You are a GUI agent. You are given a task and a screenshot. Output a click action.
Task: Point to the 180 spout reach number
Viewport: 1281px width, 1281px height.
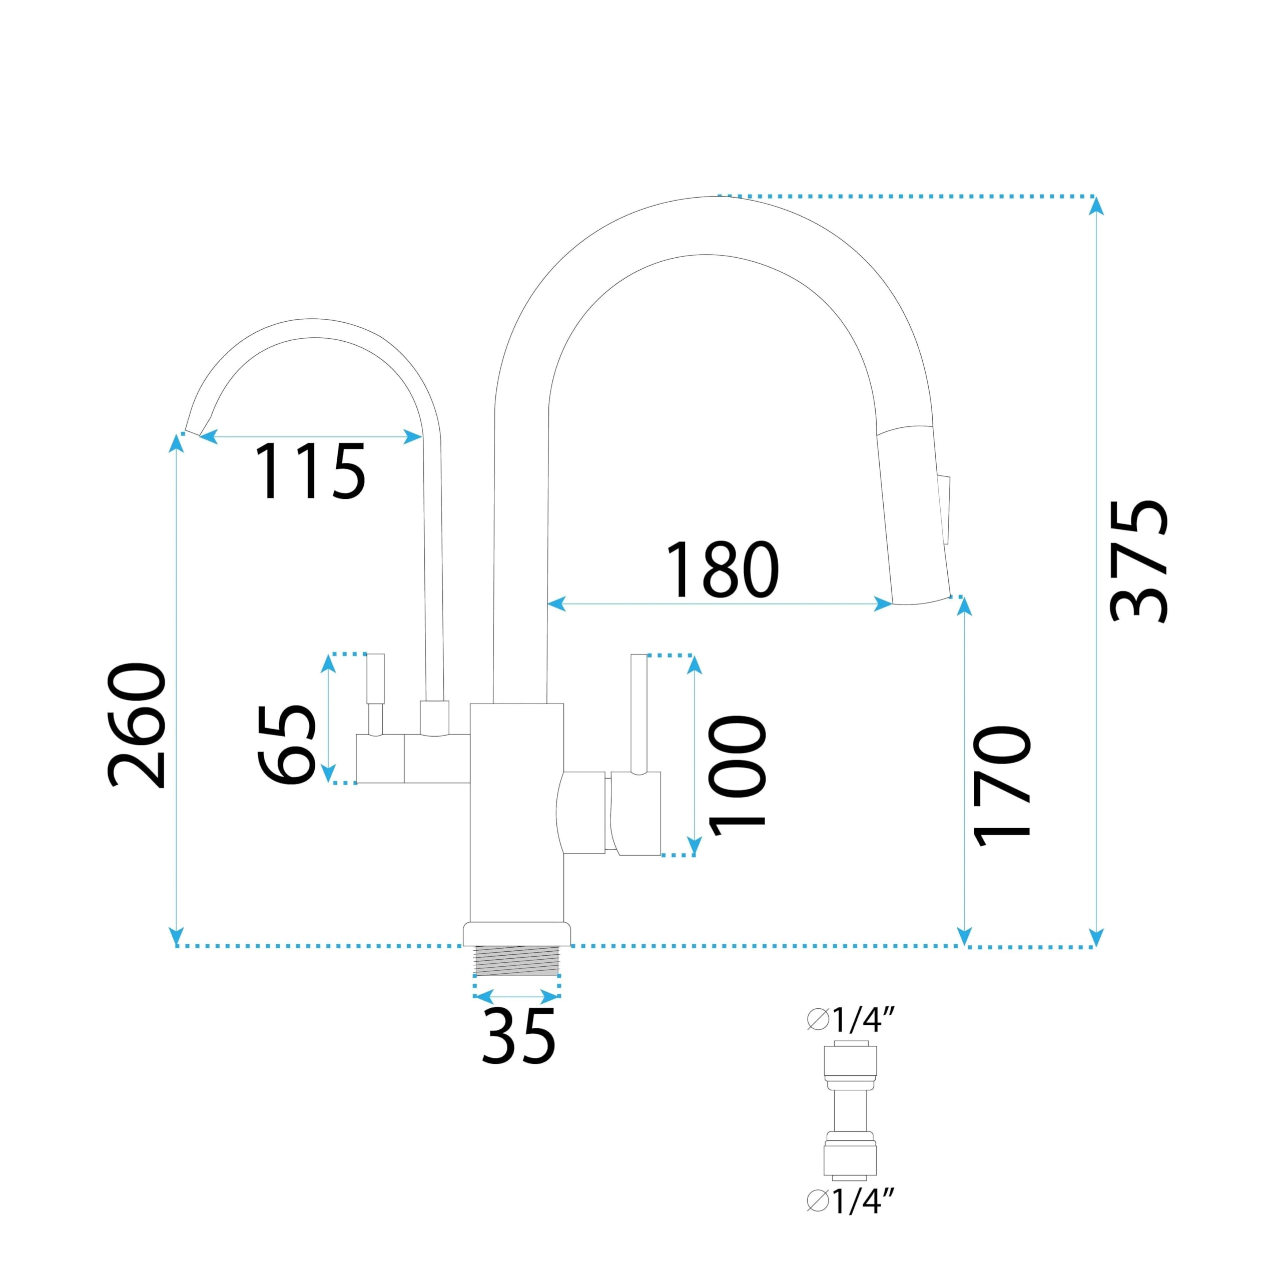tap(722, 569)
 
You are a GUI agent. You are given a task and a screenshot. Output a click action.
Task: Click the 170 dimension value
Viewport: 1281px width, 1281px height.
tap(1002, 786)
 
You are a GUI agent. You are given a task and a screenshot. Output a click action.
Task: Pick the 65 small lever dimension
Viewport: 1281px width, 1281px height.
tap(286, 744)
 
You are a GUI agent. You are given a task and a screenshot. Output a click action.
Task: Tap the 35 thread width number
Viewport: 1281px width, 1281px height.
tap(518, 1036)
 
